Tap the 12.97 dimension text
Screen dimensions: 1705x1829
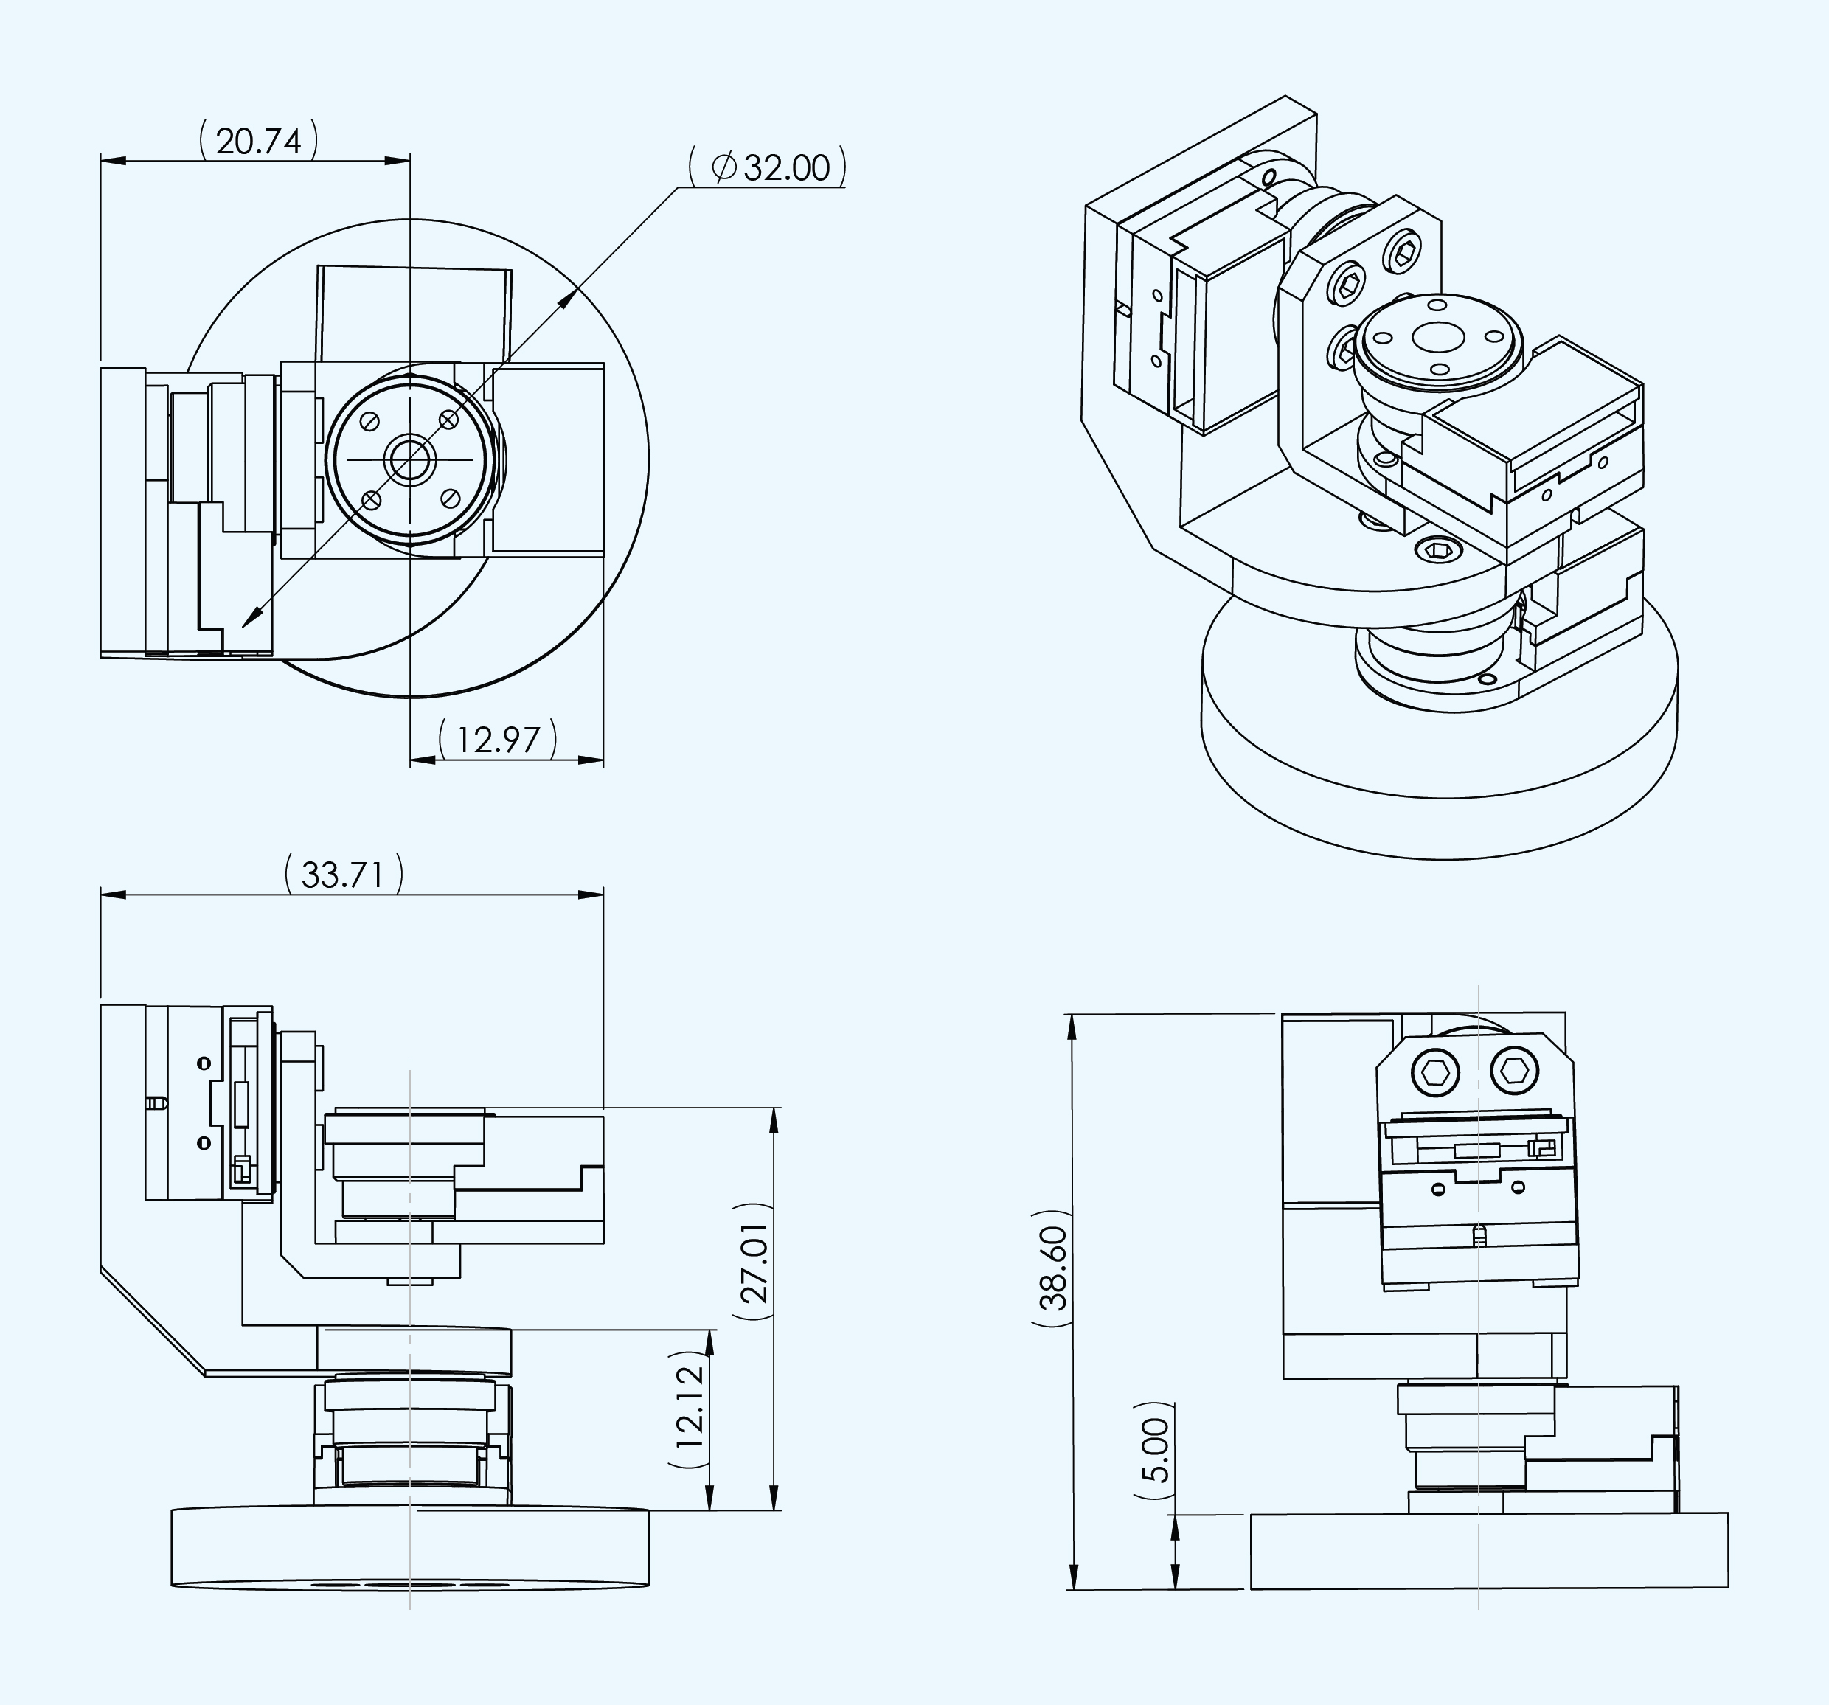tap(498, 740)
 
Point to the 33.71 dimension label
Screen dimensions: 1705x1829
tap(342, 874)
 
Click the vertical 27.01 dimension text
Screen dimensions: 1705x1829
tap(755, 1263)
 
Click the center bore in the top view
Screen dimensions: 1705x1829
tap(410, 458)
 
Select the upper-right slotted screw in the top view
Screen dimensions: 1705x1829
tap(449, 420)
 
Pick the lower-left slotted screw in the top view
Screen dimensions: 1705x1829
tap(372, 500)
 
